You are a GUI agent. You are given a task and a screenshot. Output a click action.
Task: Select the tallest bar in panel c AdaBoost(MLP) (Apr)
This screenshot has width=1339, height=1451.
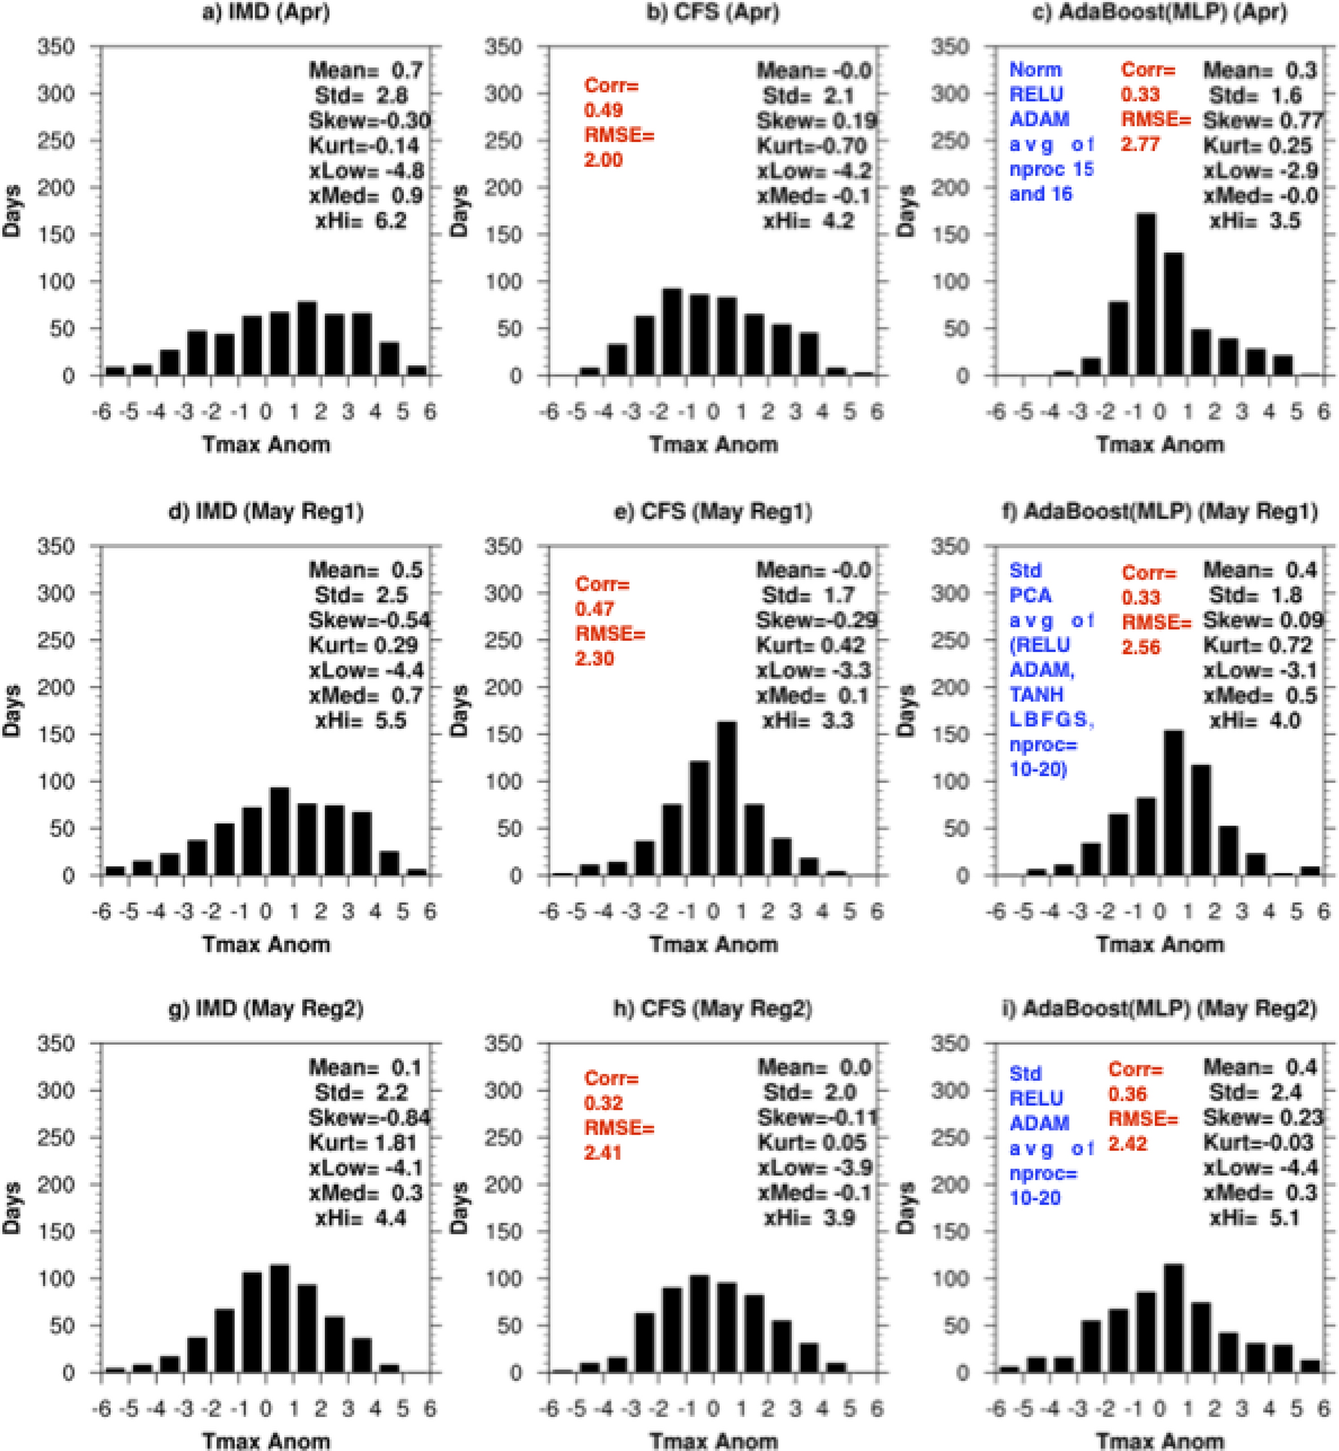tap(1146, 294)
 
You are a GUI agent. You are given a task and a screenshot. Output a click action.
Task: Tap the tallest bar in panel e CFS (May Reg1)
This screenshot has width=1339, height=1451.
tap(727, 798)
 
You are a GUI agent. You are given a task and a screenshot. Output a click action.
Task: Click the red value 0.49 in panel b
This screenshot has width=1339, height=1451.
tap(604, 110)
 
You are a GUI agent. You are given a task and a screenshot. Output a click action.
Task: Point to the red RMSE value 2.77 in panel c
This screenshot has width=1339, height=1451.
tap(1140, 144)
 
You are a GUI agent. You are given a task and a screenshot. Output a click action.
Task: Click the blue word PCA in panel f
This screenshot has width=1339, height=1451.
tap(1029, 595)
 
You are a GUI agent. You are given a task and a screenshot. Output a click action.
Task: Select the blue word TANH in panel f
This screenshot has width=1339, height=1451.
tap(1036, 694)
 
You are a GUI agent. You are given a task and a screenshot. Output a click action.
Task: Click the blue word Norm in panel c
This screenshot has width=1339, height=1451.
tap(1035, 69)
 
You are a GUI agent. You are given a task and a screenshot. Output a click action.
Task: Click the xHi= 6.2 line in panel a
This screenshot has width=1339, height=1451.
tap(361, 221)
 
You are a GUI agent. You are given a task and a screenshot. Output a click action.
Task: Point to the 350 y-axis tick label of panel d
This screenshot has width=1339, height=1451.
tap(57, 546)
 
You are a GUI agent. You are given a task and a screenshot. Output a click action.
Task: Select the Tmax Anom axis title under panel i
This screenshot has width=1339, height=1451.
tap(1160, 1440)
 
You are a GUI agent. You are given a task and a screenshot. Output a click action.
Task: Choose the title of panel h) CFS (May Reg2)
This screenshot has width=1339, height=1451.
tap(713, 1008)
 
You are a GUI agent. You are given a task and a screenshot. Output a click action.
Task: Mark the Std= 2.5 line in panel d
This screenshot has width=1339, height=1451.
tap(361, 595)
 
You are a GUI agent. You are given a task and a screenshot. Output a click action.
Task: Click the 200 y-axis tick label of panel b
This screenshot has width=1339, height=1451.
tap(504, 188)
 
